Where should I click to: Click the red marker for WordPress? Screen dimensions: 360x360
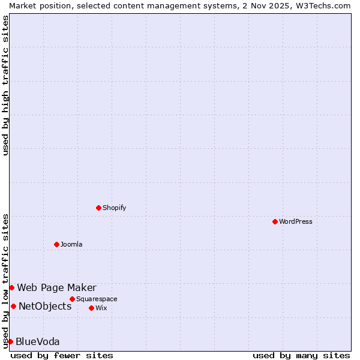(x=275, y=221)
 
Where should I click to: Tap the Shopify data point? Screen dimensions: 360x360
(x=98, y=208)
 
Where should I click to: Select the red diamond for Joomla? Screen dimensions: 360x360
(x=56, y=244)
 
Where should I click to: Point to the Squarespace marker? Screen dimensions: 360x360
(x=72, y=299)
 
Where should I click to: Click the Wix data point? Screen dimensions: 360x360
(x=91, y=308)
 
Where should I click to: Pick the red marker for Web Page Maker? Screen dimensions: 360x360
(x=11, y=287)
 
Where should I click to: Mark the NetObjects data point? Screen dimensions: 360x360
(x=13, y=306)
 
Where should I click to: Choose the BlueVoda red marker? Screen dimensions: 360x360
(x=10, y=341)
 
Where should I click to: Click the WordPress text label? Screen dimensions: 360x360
(x=296, y=222)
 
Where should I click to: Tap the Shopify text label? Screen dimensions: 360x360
(x=114, y=208)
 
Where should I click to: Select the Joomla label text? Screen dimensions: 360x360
(x=71, y=245)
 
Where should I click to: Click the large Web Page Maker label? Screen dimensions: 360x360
(x=56, y=288)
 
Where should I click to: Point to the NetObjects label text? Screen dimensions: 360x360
(x=45, y=307)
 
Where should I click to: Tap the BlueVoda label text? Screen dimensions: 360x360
(x=37, y=342)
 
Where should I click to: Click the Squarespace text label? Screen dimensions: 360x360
(x=97, y=299)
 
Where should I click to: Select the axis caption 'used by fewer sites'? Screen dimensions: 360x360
(x=62, y=355)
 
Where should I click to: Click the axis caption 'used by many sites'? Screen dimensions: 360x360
(x=301, y=355)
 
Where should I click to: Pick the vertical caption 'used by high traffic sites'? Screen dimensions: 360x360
(x=5, y=85)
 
